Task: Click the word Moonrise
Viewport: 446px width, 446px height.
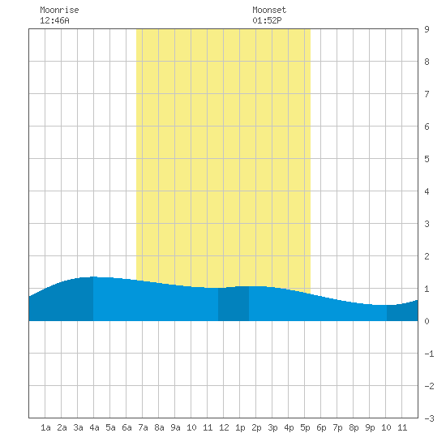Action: tap(59, 10)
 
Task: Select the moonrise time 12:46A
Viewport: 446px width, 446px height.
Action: tap(54, 20)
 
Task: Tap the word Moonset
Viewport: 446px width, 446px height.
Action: tap(269, 10)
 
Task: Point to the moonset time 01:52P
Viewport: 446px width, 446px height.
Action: tap(267, 20)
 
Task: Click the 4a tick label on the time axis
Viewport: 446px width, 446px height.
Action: tap(94, 427)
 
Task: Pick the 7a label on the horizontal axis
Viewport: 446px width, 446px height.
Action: tap(143, 427)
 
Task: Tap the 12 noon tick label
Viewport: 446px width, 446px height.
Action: tap(224, 427)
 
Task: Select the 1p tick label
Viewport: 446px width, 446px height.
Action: tap(240, 427)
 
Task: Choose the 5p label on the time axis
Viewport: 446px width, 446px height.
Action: tap(305, 427)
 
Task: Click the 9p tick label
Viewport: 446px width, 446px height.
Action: tap(370, 427)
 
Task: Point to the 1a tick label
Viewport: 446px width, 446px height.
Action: tap(45, 427)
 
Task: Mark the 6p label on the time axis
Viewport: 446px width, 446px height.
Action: tap(321, 427)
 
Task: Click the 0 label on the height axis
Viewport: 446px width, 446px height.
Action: tap(427, 321)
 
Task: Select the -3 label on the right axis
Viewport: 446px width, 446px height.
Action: tap(429, 418)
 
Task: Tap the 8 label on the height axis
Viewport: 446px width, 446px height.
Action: tap(427, 62)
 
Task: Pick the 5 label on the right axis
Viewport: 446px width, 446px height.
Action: tap(427, 159)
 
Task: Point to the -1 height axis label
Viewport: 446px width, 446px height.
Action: tap(429, 354)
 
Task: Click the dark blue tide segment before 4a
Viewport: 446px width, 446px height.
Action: tap(61, 302)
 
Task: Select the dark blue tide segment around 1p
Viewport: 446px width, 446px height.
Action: tap(234, 304)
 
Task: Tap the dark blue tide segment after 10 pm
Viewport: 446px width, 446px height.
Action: tap(402, 312)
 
